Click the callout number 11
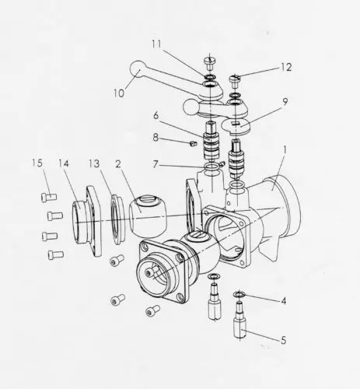click(156, 44)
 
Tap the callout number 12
click(286, 68)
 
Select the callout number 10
click(119, 93)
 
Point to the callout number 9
click(285, 102)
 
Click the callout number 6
click(156, 115)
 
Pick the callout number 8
click(156, 138)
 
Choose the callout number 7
click(156, 164)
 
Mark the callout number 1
click(285, 150)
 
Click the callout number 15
click(37, 163)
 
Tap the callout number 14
click(64, 163)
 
